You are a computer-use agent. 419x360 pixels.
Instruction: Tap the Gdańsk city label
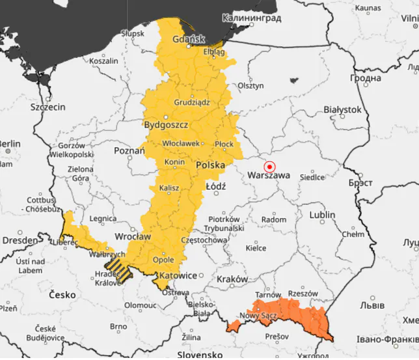click(x=189, y=39)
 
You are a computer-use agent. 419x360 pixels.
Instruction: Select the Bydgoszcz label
click(x=166, y=124)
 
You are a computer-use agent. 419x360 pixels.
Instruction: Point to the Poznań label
click(x=129, y=150)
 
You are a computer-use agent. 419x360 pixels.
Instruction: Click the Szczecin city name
click(x=48, y=106)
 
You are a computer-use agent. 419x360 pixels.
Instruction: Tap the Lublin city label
click(x=322, y=215)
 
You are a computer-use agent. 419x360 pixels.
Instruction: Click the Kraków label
click(x=232, y=279)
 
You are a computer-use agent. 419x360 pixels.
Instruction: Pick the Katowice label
click(x=178, y=275)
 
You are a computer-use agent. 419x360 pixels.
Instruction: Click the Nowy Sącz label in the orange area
click(x=259, y=316)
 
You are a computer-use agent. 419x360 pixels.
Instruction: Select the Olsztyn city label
click(x=250, y=85)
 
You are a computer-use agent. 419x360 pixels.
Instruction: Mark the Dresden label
click(x=20, y=240)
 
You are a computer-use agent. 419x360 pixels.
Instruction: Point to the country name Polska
click(x=210, y=165)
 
